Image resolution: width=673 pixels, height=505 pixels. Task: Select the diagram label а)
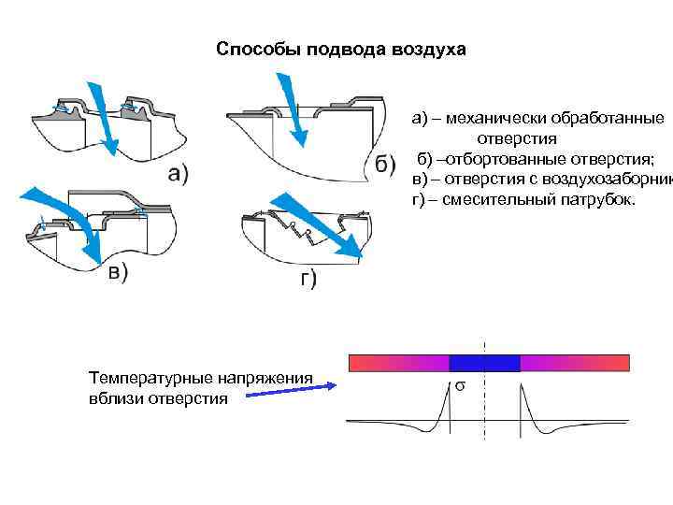point(177,173)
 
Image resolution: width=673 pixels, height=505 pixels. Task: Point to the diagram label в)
point(117,272)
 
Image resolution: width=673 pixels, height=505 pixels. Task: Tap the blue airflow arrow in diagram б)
point(294,110)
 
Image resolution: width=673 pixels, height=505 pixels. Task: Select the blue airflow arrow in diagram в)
point(56,208)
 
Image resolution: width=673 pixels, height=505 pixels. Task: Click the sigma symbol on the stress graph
point(461,385)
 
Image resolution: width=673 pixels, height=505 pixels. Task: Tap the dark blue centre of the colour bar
point(484,363)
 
